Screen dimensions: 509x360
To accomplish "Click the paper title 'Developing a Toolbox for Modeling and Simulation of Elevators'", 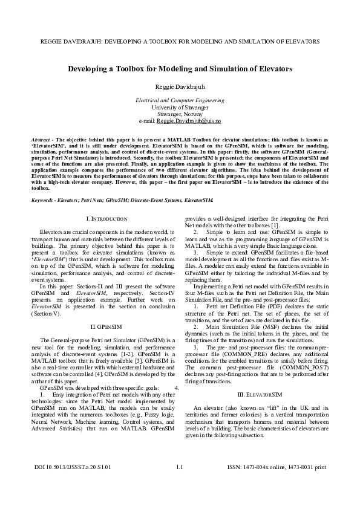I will pyautogui.click(x=180, y=70).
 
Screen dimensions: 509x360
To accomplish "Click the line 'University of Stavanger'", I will pyautogui.click(x=180, y=106).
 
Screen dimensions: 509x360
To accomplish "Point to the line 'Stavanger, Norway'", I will pyautogui.click(x=180, y=114).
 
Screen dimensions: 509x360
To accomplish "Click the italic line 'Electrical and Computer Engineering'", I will pyautogui.click(x=180, y=99).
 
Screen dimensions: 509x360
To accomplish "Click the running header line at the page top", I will pyautogui.click(x=180, y=42).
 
